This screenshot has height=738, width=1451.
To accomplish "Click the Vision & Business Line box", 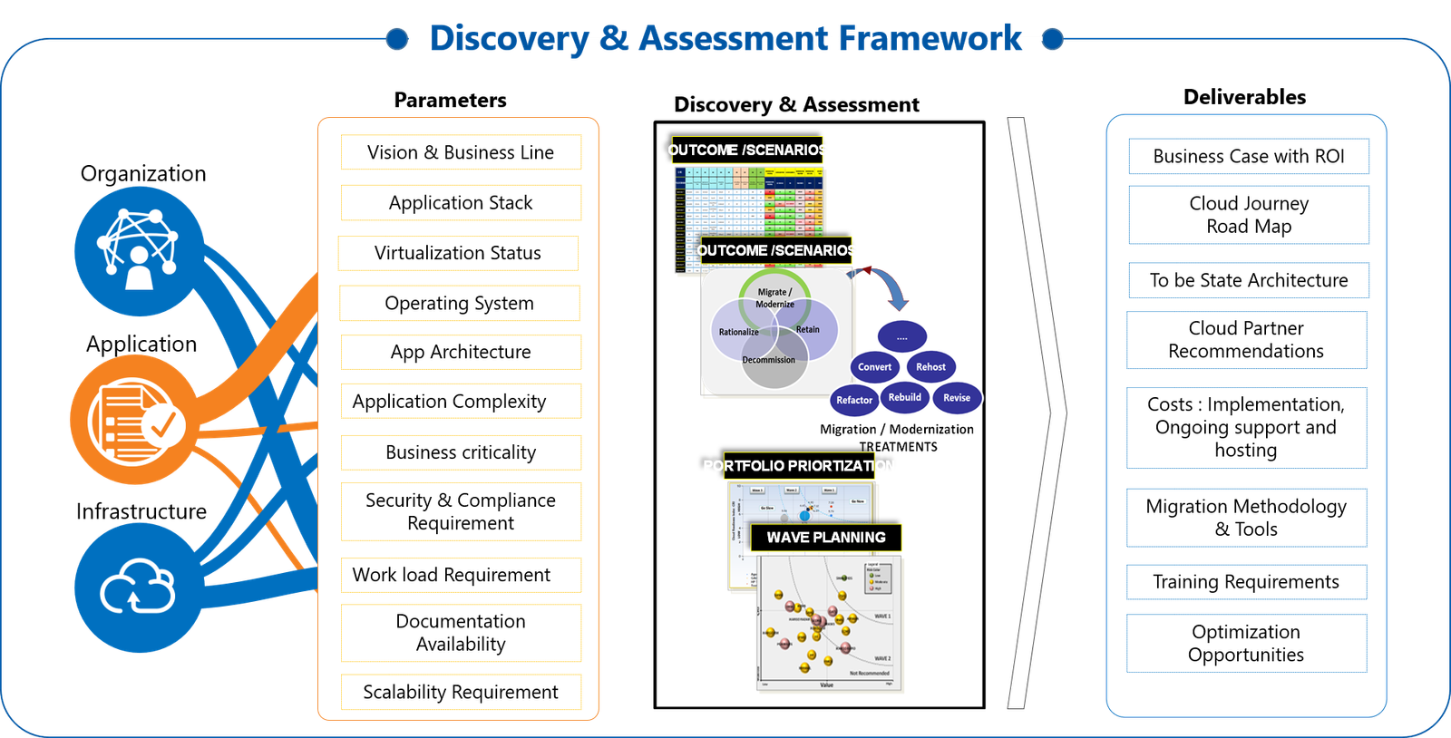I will tap(461, 152).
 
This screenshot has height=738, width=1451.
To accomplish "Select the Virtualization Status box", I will tap(458, 253).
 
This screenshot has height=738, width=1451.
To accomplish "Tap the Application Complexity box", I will tap(461, 402).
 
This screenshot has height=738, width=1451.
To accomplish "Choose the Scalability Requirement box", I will tap(461, 692).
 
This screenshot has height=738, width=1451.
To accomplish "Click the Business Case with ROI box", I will tap(1248, 156).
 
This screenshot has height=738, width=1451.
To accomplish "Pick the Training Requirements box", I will tap(1246, 582).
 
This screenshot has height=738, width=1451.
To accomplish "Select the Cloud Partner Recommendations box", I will tap(1246, 340).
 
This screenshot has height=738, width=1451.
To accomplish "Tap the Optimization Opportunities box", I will tap(1246, 644).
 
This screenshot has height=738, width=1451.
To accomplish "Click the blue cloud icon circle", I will tap(138, 588).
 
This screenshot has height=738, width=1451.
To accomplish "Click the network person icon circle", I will tap(139, 251).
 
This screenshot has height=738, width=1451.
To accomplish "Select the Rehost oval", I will tap(930, 367).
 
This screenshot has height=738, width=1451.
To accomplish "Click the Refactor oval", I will tap(854, 400).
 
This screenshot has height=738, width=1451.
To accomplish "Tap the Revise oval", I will tap(957, 398).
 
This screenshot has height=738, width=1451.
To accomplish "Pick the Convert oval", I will tap(874, 367).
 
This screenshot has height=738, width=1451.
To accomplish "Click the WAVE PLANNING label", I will tap(826, 538).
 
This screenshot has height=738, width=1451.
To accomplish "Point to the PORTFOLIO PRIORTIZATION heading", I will tap(798, 466).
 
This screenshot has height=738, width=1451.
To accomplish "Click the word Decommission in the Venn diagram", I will tap(769, 360).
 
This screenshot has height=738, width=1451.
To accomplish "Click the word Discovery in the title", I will tap(510, 39).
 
